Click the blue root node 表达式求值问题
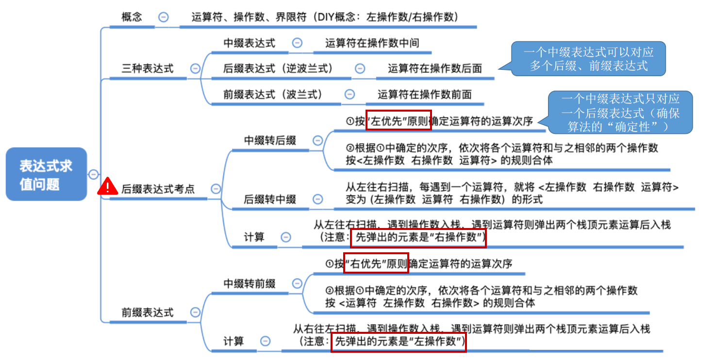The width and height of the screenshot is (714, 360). (46, 174)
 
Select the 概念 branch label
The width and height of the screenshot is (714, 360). (132, 17)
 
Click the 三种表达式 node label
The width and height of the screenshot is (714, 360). (148, 68)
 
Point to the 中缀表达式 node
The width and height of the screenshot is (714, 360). (249, 43)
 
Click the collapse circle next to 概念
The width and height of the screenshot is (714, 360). (164, 17)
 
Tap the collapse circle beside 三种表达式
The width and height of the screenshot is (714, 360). (195, 68)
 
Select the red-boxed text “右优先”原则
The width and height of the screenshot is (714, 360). (376, 263)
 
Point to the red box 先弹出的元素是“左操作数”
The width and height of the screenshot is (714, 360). (399, 342)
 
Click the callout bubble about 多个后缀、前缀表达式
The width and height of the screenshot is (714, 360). (588, 59)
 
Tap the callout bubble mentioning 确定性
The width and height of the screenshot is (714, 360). (620, 113)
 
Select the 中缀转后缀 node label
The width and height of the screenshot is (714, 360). (270, 141)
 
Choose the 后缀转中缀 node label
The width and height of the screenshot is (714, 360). (270, 199)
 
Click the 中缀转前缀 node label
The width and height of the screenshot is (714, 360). (249, 283)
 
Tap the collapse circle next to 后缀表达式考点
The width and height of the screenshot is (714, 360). (216, 189)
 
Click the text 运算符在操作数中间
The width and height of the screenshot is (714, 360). (372, 43)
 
